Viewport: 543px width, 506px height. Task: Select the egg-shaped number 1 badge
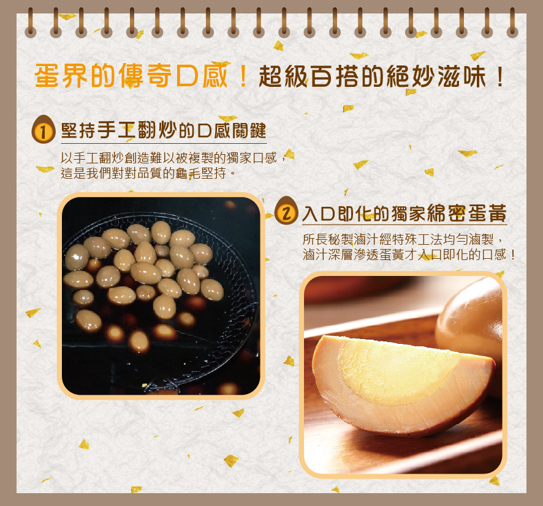(x=43, y=130)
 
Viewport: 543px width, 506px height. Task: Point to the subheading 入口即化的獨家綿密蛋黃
(x=404, y=213)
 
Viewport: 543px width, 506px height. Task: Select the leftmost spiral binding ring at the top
(x=31, y=23)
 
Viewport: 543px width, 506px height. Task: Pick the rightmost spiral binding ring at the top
(x=512, y=23)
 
